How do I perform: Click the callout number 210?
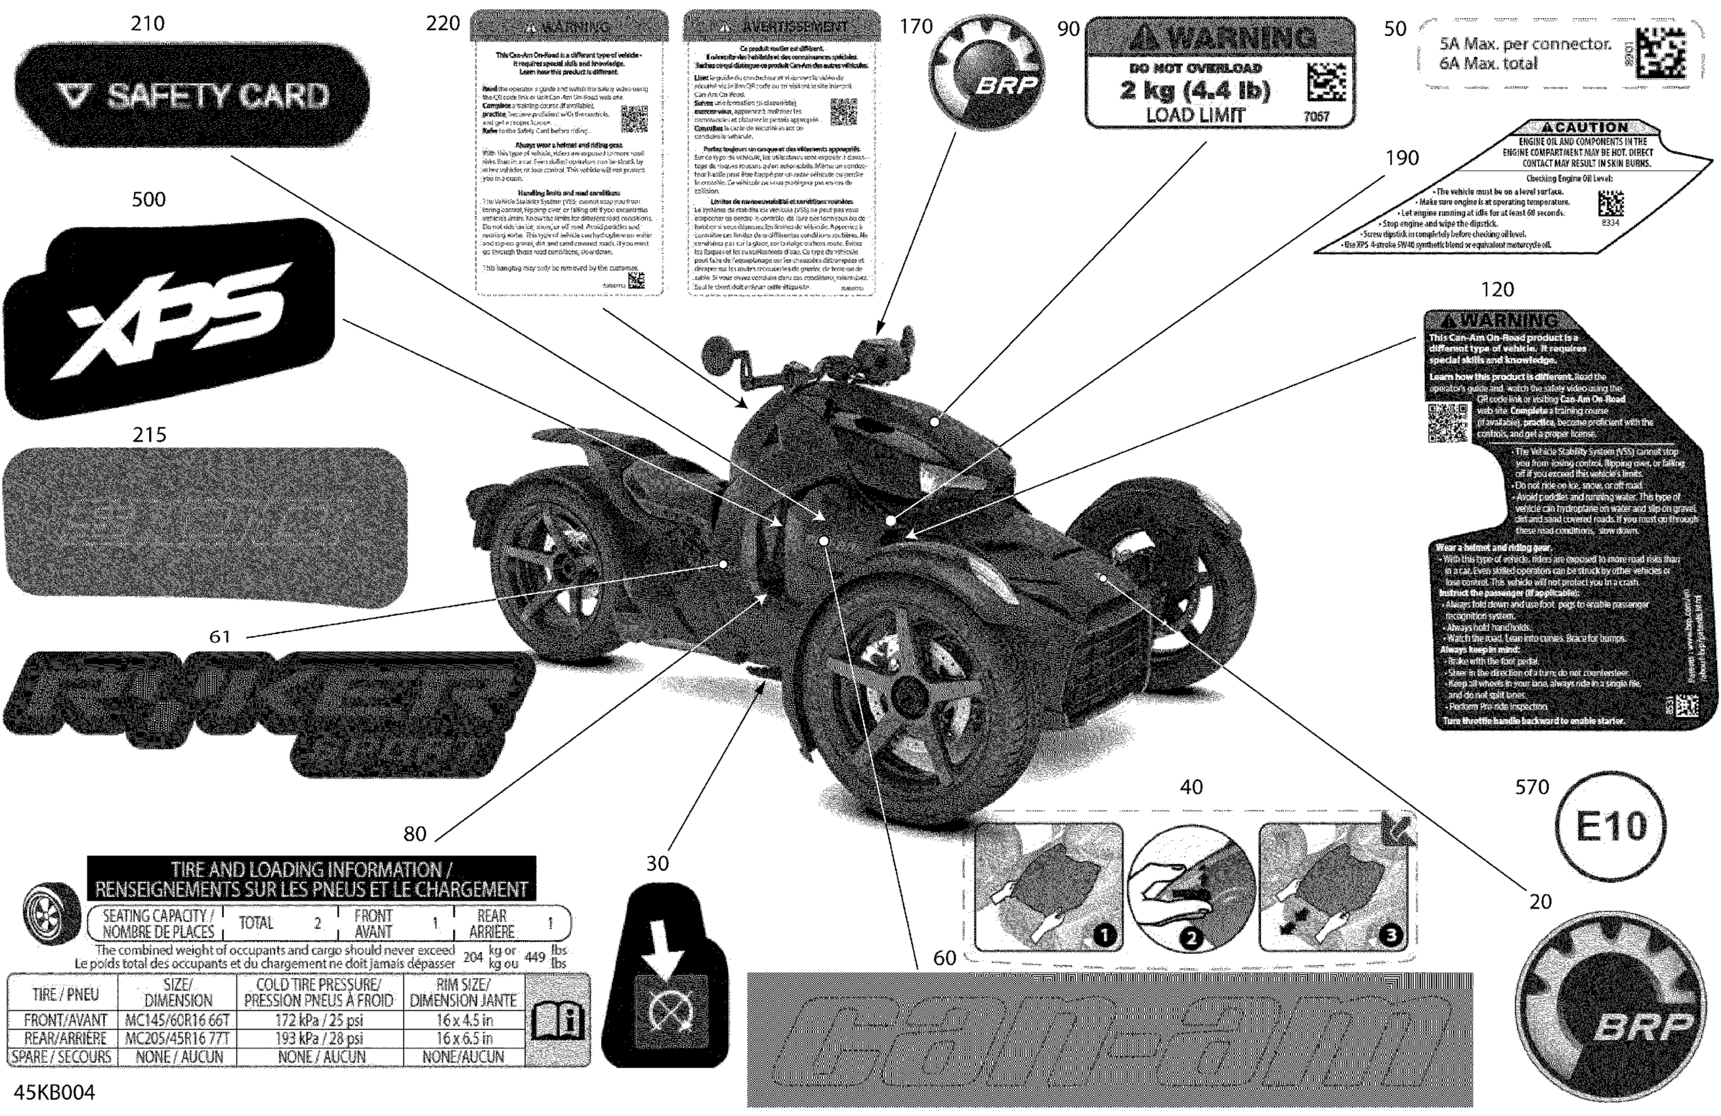[x=148, y=24]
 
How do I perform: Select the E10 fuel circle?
[x=1609, y=826]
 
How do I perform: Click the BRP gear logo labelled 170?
[x=988, y=76]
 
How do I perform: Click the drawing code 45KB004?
[x=54, y=1092]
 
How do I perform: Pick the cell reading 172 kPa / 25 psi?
[x=319, y=1021]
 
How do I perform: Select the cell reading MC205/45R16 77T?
[x=177, y=1039]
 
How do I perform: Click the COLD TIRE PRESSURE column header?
[x=319, y=993]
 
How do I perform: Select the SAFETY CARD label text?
[x=217, y=95]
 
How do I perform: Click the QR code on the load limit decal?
[x=1327, y=81]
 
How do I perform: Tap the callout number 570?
[x=1531, y=787]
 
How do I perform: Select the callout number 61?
[x=219, y=637]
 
